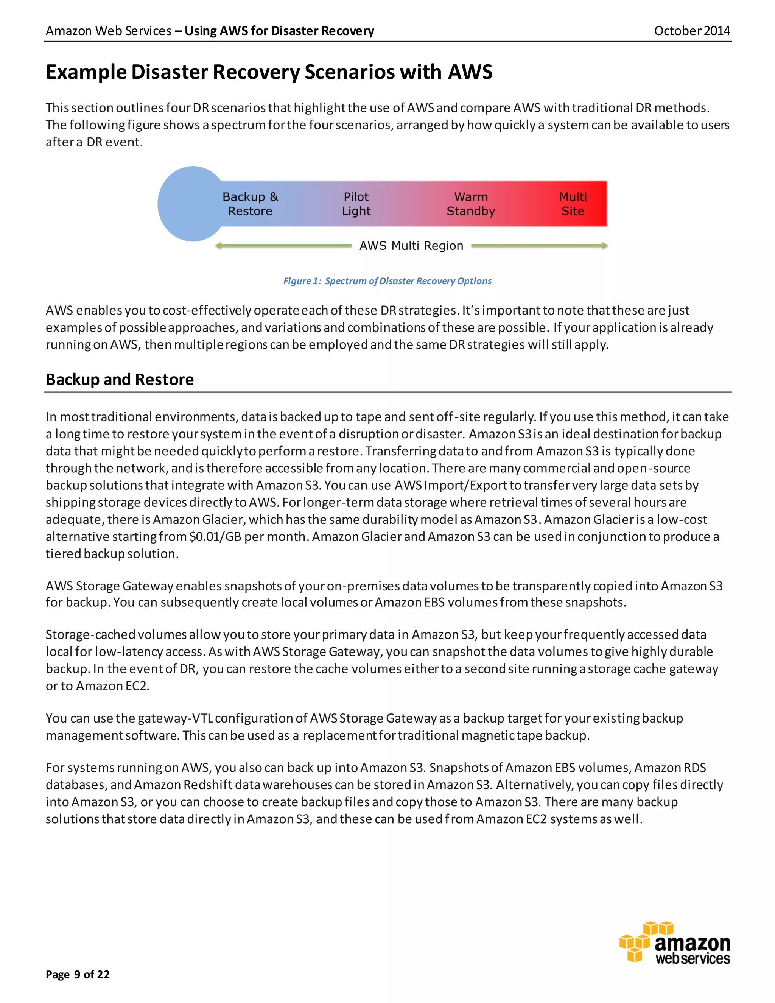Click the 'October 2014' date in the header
click(x=691, y=31)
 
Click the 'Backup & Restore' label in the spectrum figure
click(x=250, y=204)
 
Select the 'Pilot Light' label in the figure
click(x=356, y=204)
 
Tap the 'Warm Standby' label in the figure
click(x=471, y=204)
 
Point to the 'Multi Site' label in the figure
click(x=573, y=204)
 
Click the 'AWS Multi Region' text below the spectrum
click(x=411, y=246)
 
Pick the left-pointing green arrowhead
click(x=219, y=246)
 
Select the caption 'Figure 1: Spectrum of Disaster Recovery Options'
click(x=387, y=281)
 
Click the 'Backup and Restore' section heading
click(x=120, y=379)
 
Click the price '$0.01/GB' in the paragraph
click(x=215, y=537)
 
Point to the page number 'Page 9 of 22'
click(x=78, y=975)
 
